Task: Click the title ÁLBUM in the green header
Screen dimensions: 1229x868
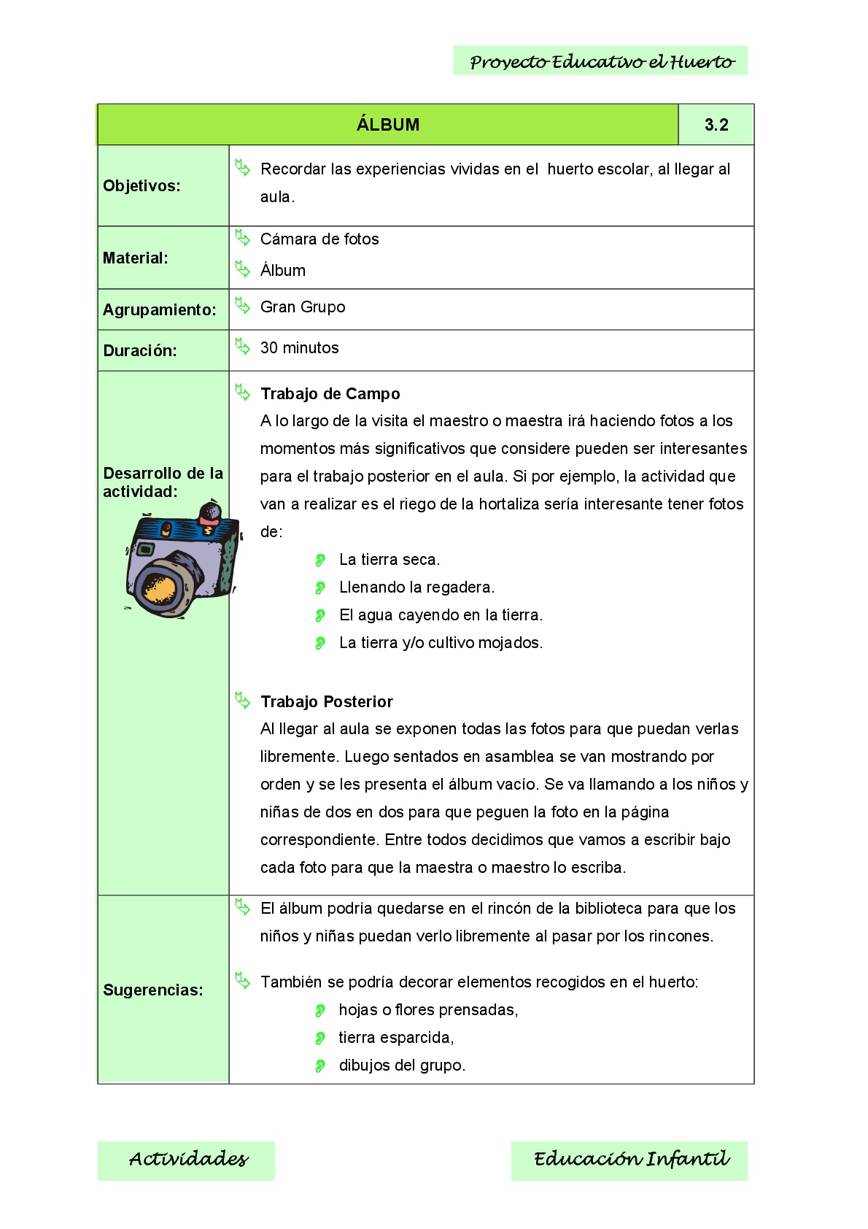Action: tap(388, 125)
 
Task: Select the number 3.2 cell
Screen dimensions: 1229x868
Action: tap(716, 125)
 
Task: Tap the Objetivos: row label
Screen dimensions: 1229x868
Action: tap(142, 186)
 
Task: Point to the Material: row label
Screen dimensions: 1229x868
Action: tap(136, 258)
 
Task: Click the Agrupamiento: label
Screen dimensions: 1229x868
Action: tap(159, 310)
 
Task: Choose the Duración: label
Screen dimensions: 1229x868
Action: tap(140, 351)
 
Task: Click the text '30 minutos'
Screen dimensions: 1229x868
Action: tap(299, 348)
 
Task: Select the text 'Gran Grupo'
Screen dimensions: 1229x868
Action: tap(303, 307)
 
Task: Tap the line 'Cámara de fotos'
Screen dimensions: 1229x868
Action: tap(319, 239)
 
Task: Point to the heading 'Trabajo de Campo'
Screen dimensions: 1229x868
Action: tap(330, 394)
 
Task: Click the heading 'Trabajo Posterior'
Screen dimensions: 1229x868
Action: tap(327, 702)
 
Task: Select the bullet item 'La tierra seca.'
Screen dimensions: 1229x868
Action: tap(390, 560)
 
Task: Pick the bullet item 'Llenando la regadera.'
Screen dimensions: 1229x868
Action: tap(416, 587)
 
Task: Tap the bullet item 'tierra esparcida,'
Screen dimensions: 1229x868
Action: tap(396, 1038)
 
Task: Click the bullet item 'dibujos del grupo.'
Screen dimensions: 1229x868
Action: tap(402, 1066)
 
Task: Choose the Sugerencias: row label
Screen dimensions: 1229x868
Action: tap(153, 990)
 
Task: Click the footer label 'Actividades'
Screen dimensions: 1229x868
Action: tap(188, 1160)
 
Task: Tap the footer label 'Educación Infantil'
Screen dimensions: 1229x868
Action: tap(631, 1160)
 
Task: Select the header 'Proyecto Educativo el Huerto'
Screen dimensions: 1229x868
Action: tap(602, 62)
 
